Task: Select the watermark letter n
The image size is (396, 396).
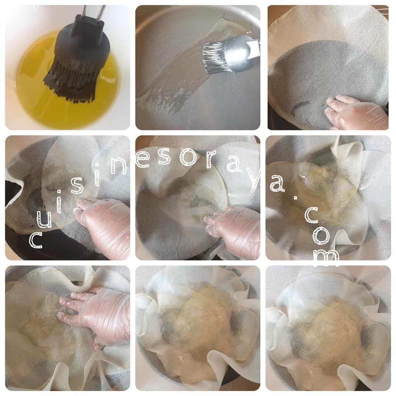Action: click(118, 165)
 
